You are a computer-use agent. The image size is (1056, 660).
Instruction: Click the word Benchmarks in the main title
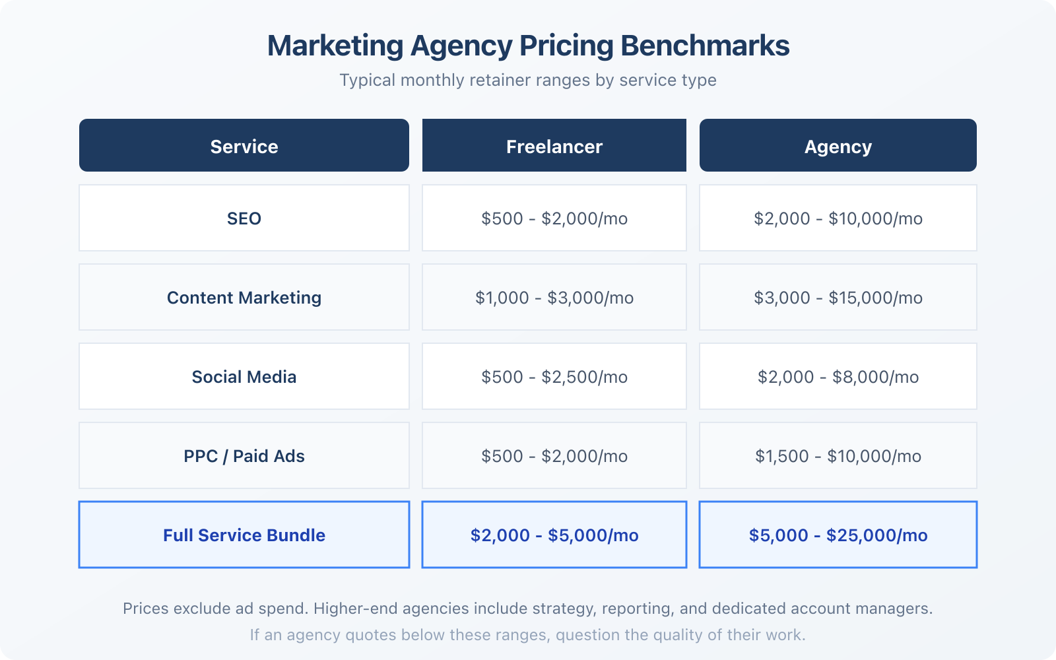[704, 46]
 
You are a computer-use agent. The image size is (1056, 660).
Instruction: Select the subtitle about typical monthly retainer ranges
[528, 81]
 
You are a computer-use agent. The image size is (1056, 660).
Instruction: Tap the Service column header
[244, 147]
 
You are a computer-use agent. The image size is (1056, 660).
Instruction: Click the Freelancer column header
[554, 147]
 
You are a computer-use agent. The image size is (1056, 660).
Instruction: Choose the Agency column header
[838, 147]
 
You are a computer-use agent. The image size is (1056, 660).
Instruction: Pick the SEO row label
[244, 218]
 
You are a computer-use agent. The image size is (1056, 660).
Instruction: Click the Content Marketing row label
[244, 298]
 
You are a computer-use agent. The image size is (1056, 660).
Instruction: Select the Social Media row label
[244, 377]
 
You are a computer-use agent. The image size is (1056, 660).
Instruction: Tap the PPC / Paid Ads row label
[244, 456]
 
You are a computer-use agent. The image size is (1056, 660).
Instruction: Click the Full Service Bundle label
[244, 535]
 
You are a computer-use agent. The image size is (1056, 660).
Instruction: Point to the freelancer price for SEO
[554, 218]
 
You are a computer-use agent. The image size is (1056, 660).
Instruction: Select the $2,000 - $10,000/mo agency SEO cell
[838, 218]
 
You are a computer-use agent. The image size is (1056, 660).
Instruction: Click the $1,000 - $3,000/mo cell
[554, 298]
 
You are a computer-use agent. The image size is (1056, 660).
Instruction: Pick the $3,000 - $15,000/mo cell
[838, 298]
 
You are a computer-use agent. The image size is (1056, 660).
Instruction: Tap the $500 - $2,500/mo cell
[554, 377]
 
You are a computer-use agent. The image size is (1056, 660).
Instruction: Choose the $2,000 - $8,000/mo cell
[838, 377]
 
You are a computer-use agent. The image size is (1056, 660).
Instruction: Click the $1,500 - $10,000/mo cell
[838, 456]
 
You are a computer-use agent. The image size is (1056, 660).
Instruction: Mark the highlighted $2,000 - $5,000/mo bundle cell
[554, 535]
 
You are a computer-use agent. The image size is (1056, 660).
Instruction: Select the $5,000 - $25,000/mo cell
[838, 535]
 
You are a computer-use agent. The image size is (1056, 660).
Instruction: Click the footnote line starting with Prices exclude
[528, 609]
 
